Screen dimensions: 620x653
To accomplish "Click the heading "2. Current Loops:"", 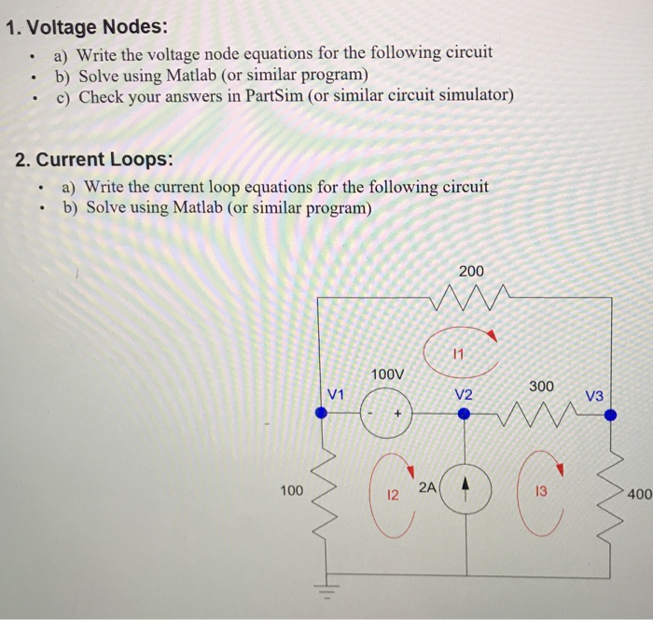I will pyautogui.click(x=94, y=159).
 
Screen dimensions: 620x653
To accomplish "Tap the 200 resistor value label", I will pyautogui.click(x=472, y=271).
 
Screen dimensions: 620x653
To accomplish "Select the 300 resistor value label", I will pyautogui.click(x=542, y=385).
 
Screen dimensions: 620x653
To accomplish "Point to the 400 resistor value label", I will pyautogui.click(x=640, y=495).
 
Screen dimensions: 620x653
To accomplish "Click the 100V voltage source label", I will pyautogui.click(x=387, y=374).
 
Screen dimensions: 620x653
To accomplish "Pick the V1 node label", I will pyautogui.click(x=337, y=394).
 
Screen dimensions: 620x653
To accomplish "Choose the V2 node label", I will pyautogui.click(x=464, y=394).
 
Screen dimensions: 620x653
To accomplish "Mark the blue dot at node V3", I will pyautogui.click(x=611, y=416).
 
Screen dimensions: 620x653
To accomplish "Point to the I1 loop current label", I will pyautogui.click(x=456, y=354).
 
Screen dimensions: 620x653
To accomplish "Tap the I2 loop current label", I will pyautogui.click(x=393, y=495).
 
